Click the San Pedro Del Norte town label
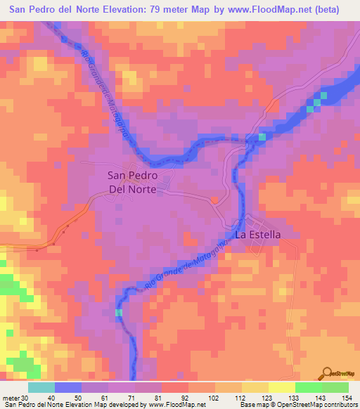[x=131, y=182]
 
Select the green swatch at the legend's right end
[x=335, y=387]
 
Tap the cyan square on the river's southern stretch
[x=118, y=312]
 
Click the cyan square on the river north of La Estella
[x=262, y=136]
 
